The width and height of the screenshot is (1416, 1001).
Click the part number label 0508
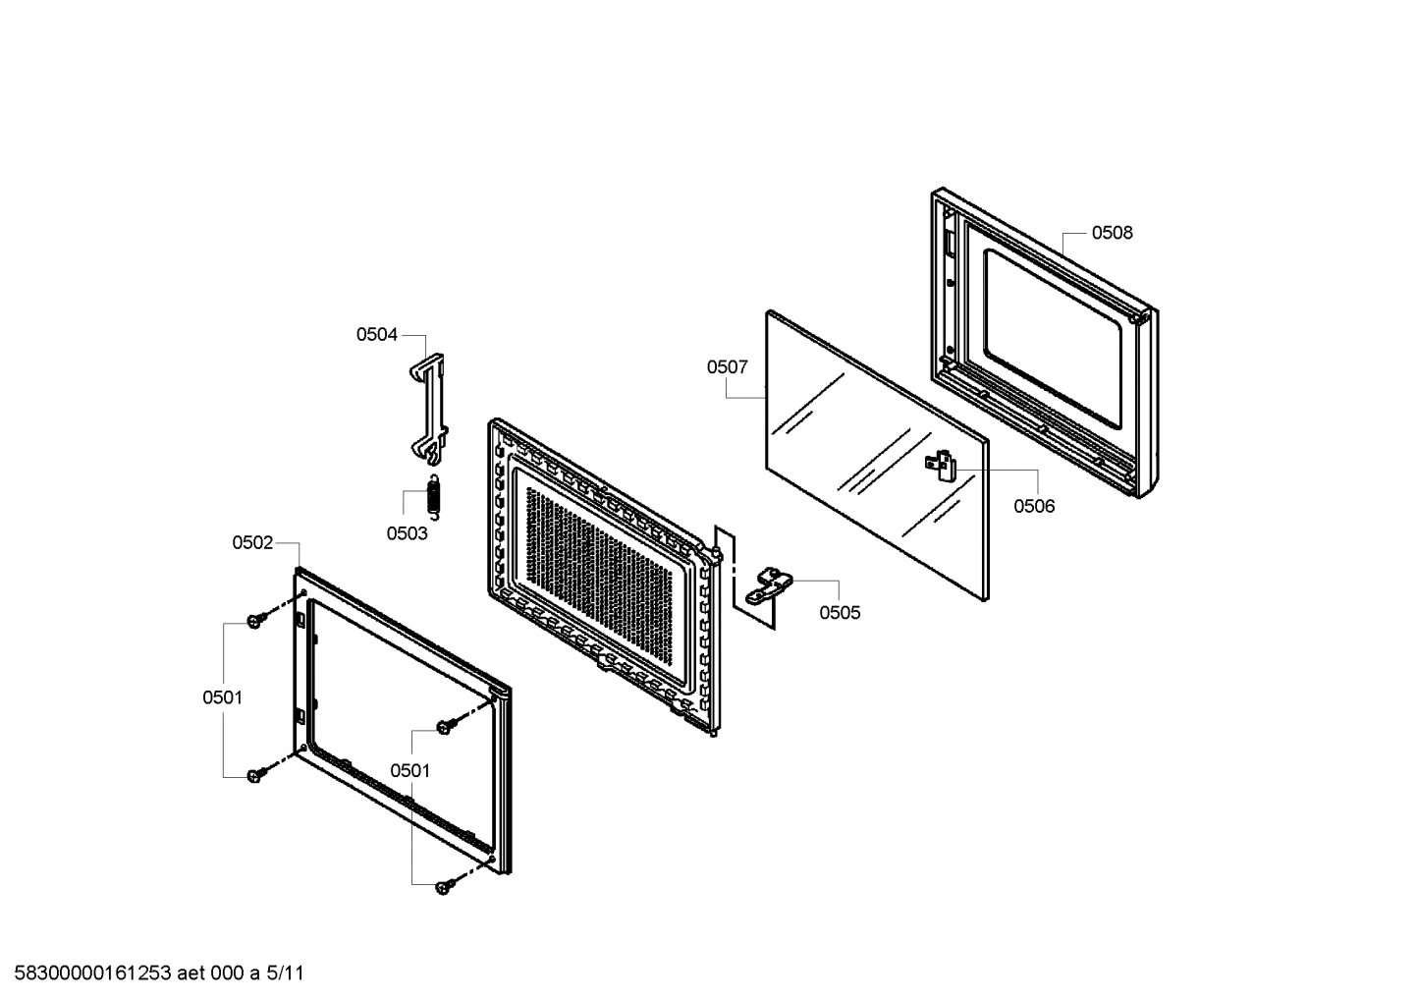(1112, 233)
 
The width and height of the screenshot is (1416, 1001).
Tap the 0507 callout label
(727, 367)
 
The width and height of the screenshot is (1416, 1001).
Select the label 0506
(1034, 506)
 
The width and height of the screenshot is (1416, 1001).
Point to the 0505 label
(840, 613)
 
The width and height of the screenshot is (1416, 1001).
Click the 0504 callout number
(376, 335)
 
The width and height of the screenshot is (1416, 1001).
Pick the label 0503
(407, 533)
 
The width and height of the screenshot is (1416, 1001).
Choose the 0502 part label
(252, 542)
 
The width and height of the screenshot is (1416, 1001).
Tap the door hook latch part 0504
(429, 408)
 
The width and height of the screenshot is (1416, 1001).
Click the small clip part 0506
(943, 464)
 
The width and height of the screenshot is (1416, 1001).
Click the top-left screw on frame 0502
(255, 621)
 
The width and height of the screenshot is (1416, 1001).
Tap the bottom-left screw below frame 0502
(255, 775)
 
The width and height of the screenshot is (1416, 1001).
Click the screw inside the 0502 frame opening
(445, 726)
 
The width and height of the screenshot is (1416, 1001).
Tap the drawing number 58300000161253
(88, 973)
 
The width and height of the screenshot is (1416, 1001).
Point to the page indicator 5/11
(286, 973)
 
